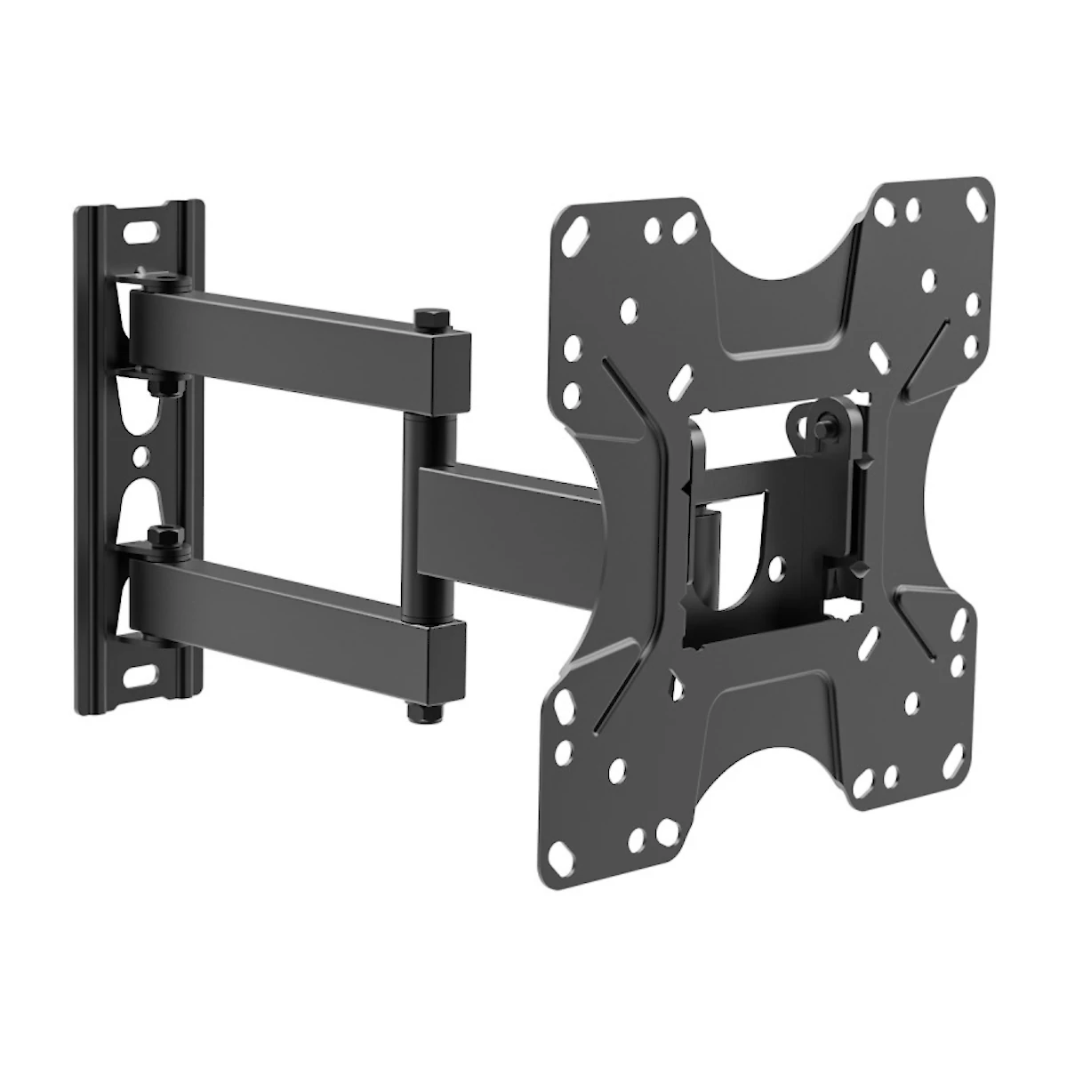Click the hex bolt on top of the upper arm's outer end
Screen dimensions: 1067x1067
click(425, 317)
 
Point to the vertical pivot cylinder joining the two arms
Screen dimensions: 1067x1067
click(415, 516)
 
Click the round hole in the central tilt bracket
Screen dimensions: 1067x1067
click(778, 564)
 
